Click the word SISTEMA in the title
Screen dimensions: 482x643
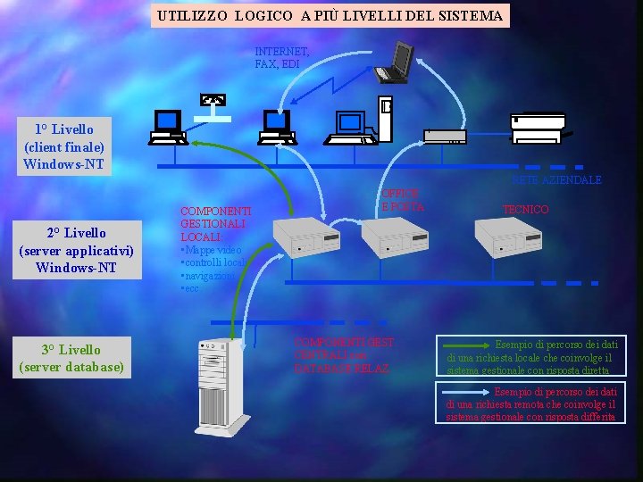(x=472, y=15)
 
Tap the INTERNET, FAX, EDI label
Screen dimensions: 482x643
(x=281, y=58)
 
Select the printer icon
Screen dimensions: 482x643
(x=536, y=128)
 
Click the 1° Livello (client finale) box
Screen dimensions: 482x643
(x=64, y=146)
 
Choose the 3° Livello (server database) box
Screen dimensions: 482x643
(x=71, y=358)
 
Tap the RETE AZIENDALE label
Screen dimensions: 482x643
(x=556, y=179)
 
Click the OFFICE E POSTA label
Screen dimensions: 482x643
(x=401, y=200)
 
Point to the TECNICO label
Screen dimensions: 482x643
(x=525, y=209)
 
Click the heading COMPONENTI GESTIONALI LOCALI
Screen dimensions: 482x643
(x=215, y=224)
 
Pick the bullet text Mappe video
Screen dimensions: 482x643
(x=213, y=250)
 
